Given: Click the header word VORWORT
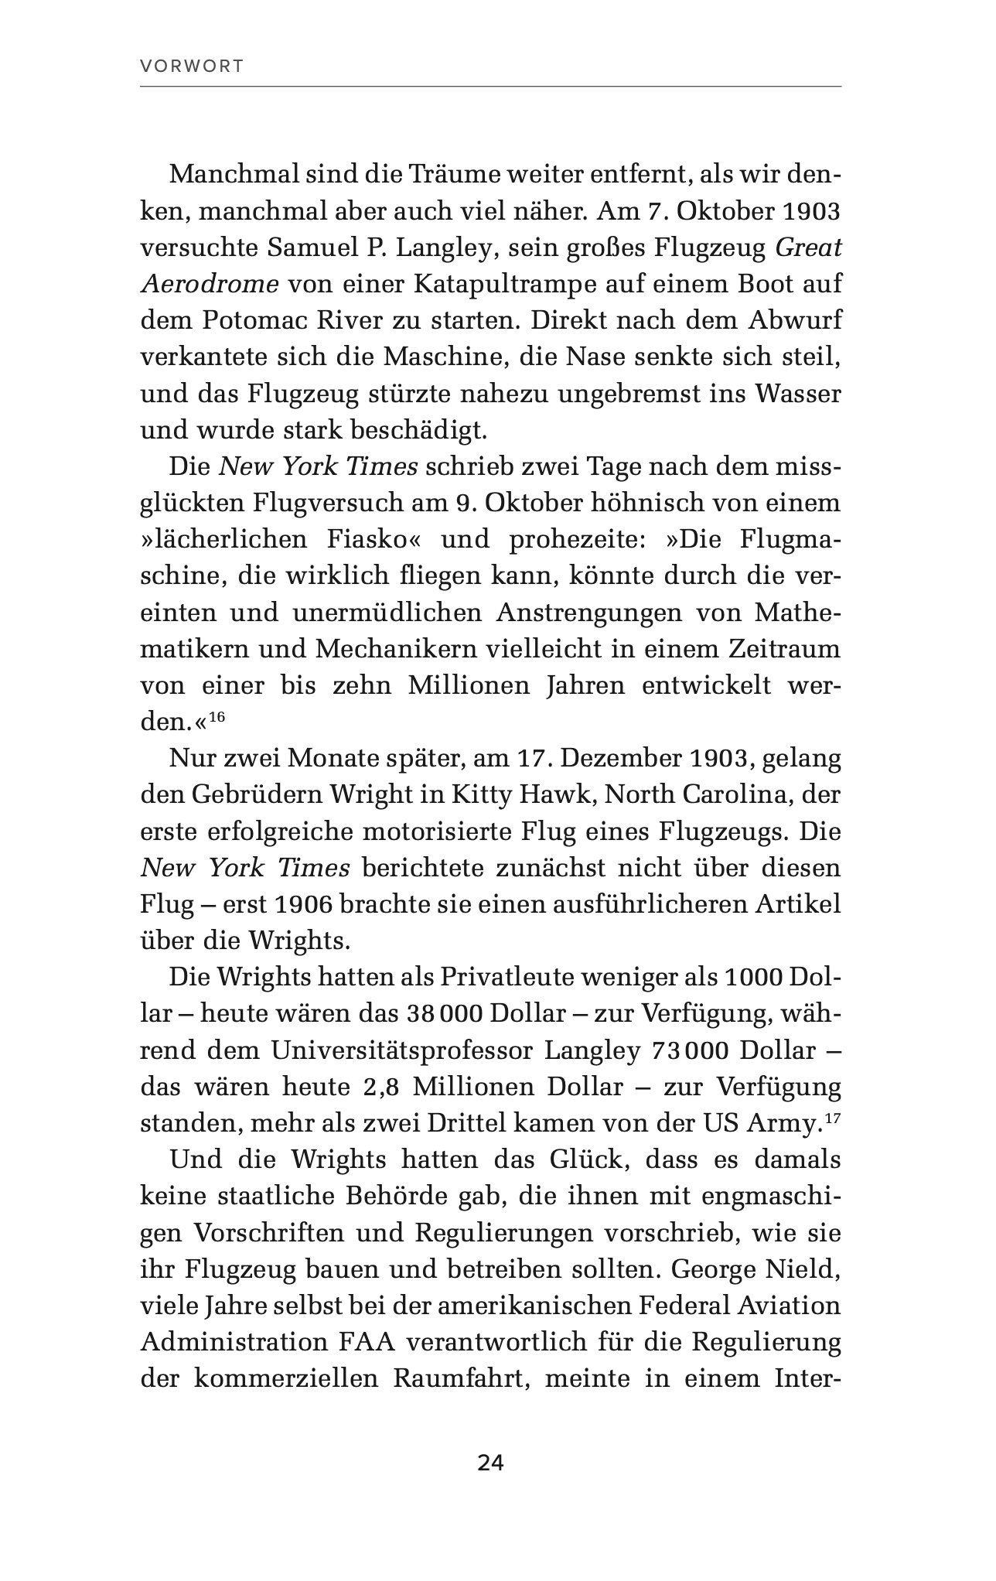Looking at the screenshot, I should (192, 67).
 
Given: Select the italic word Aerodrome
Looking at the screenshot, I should (210, 284).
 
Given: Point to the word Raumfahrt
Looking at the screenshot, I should (460, 1379).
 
